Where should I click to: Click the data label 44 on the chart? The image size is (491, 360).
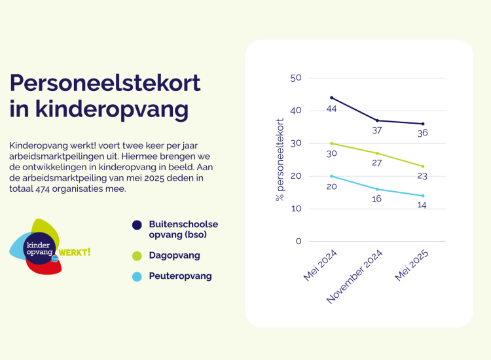coord(331,109)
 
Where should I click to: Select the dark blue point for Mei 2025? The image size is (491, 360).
coord(423,124)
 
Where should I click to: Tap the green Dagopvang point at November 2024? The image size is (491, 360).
coord(377,153)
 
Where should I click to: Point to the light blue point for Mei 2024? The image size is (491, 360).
coord(331,176)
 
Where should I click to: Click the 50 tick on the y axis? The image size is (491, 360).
coord(295,78)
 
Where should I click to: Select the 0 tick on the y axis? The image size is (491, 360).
coord(299,242)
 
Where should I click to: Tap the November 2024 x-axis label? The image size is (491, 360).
coord(355,277)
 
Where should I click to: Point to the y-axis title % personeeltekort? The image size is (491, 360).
coord(280,160)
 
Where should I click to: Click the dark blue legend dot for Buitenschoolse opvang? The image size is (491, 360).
coord(137,225)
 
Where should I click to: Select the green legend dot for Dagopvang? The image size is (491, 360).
coord(137,255)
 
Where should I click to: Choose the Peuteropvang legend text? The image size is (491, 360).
coord(180,276)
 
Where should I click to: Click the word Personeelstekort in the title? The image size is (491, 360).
coord(105,83)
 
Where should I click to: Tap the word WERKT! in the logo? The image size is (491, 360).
coord(75,252)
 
